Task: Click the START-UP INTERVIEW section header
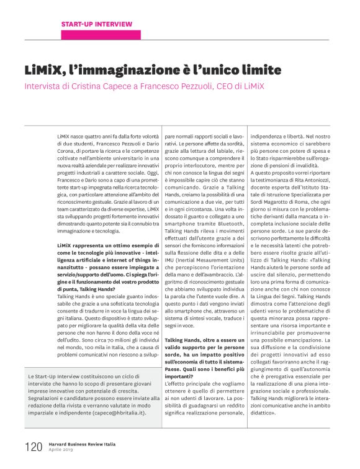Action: coord(96,24)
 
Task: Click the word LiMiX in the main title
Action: coord(46,68)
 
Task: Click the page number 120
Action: coord(34,446)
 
